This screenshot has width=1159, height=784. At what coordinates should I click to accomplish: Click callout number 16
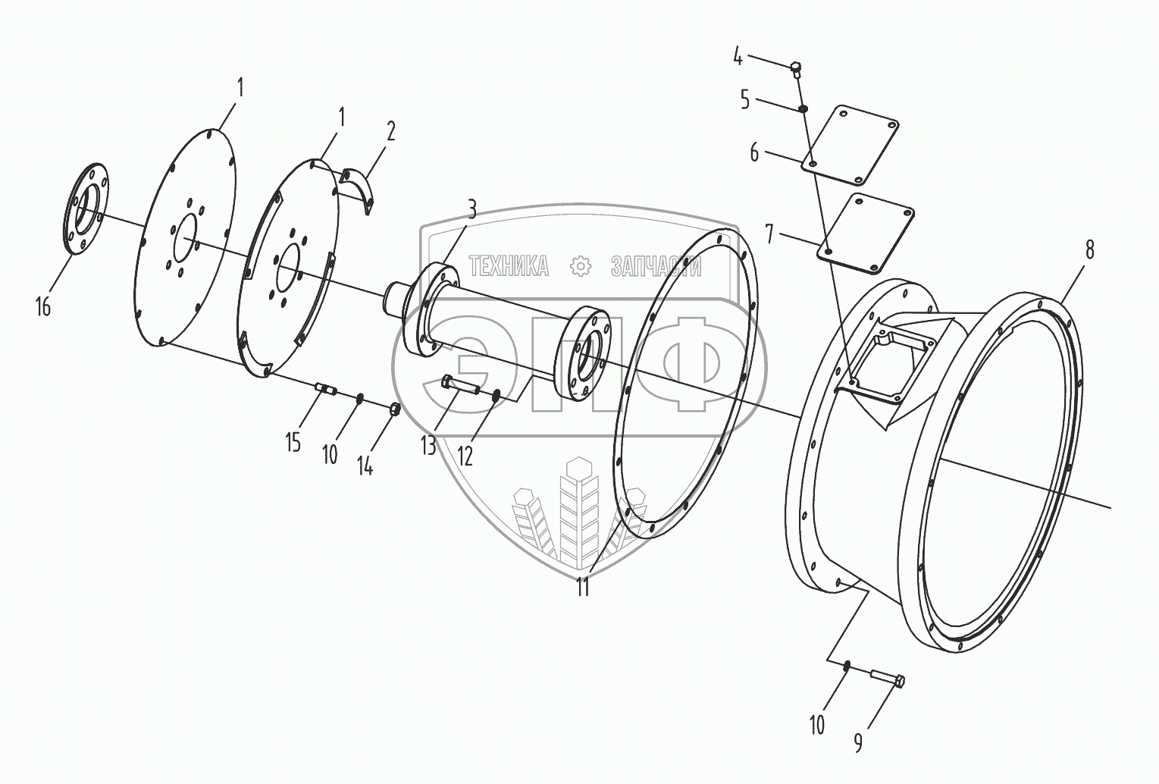point(42,307)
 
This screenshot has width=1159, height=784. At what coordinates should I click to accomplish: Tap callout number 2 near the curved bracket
point(390,132)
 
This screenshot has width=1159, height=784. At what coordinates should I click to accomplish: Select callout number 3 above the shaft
point(471,210)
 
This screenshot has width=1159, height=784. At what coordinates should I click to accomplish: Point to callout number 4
point(738,56)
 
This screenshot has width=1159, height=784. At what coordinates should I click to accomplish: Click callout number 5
point(745,99)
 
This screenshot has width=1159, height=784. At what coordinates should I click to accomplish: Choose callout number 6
point(754,152)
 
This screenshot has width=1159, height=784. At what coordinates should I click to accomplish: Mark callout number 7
point(769,234)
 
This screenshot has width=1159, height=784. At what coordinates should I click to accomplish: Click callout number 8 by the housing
point(1089,249)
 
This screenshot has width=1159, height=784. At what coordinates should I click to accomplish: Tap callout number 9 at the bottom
point(858,742)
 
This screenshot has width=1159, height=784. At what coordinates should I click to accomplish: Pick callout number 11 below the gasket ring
point(582,587)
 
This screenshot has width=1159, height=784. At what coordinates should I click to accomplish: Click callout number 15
point(293,442)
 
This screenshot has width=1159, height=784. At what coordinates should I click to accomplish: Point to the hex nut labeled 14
point(394,410)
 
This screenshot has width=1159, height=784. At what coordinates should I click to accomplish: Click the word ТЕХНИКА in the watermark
point(509,266)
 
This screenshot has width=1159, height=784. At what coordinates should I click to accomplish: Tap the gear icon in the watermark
point(580,266)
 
